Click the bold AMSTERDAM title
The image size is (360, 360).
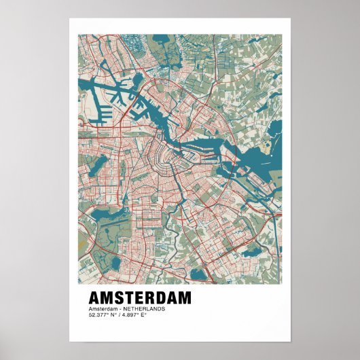(140, 298)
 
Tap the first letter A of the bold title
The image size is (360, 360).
(95, 298)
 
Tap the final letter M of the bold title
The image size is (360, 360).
(184, 298)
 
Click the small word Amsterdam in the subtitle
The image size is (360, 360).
(101, 309)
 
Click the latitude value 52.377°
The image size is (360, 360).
(98, 314)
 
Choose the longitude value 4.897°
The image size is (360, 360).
(130, 314)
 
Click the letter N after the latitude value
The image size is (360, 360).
(111, 314)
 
